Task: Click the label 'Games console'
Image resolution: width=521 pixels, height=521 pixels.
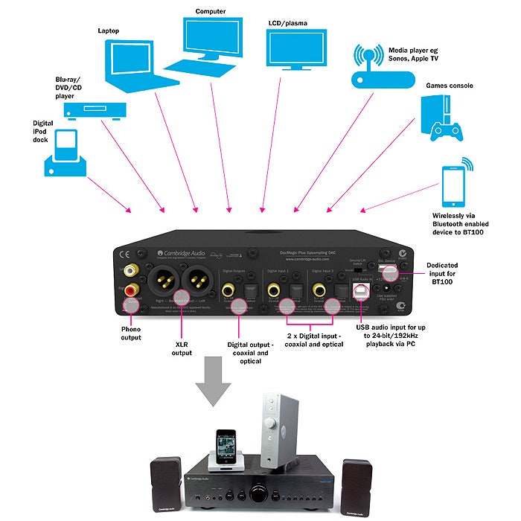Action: tap(449, 86)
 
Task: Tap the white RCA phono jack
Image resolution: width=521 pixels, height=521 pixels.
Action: tap(131, 270)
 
